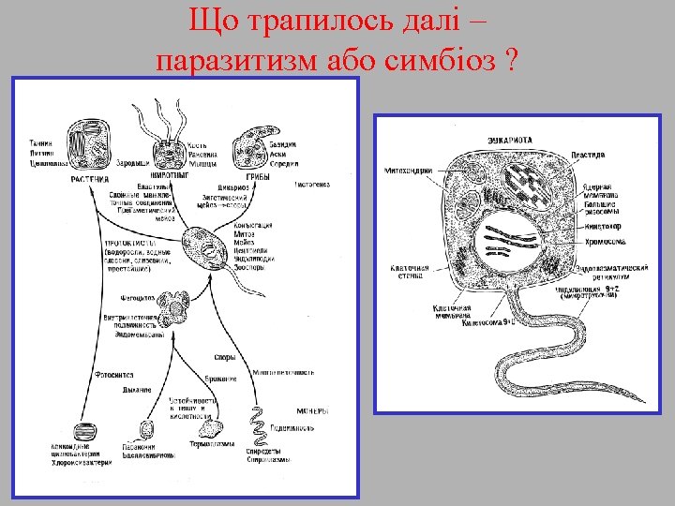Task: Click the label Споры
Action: pos(226,356)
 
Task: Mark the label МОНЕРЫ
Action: pos(313,411)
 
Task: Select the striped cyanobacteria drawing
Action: pos(82,430)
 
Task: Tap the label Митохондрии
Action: pos(407,171)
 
